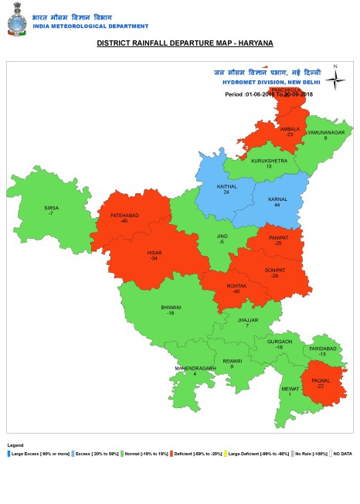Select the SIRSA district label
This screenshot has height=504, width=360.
click(x=51, y=207)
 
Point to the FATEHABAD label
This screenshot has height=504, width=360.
click(x=124, y=216)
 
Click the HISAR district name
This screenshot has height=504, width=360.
click(x=154, y=253)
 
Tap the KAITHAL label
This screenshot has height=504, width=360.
click(x=226, y=187)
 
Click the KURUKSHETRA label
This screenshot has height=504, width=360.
click(x=269, y=162)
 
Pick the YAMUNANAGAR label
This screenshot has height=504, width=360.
click(x=324, y=133)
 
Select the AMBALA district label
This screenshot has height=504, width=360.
click(x=290, y=129)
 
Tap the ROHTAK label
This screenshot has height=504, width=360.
click(x=236, y=286)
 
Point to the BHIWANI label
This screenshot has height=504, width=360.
click(x=171, y=308)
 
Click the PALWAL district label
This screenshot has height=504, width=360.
click(x=321, y=381)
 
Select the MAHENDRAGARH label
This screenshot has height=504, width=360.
click(x=194, y=368)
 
